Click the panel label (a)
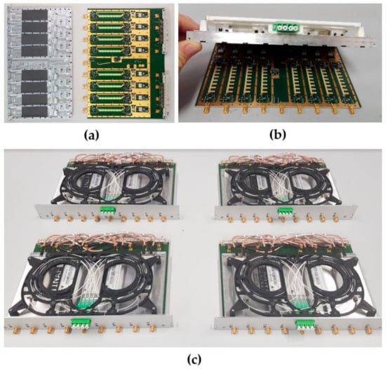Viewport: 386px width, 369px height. [91, 135]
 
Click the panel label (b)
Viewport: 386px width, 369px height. [278, 135]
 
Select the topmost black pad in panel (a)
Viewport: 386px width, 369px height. [34, 15]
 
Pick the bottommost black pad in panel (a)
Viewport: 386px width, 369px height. [34, 112]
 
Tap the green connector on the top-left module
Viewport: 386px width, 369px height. [107, 211]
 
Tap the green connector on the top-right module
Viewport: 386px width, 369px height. [285, 212]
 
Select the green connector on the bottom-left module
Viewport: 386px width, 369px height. [81, 323]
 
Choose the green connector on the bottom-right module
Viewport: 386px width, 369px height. [305, 325]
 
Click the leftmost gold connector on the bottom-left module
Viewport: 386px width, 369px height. [17, 329]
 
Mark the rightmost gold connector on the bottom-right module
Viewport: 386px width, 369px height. [368, 330]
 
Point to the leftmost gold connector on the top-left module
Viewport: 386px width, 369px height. [56, 217]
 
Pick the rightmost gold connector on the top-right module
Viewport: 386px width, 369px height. [335, 218]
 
